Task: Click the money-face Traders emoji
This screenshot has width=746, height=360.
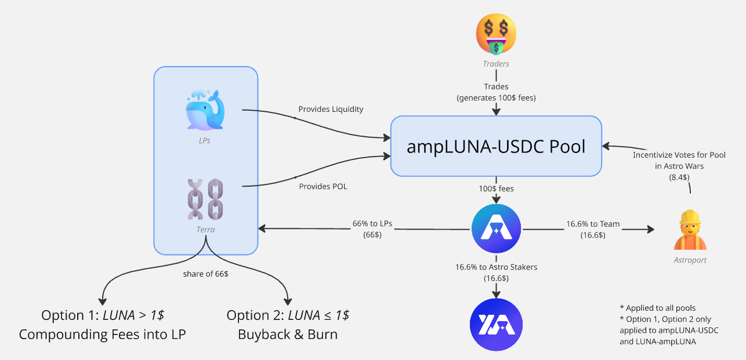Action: [x=496, y=34]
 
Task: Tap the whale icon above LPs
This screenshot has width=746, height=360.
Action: [x=205, y=110]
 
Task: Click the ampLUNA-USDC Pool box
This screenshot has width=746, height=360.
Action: [x=495, y=146]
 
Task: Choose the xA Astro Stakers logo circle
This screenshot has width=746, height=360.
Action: [x=496, y=325]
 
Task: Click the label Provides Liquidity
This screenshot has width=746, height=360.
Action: [x=331, y=109]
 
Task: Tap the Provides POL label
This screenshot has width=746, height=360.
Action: [x=323, y=186]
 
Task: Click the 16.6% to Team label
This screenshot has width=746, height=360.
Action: [x=593, y=224]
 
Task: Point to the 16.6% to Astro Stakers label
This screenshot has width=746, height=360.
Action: [x=496, y=267]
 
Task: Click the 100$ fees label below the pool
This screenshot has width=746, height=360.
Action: [x=496, y=189]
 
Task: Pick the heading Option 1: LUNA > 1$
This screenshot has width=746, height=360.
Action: [x=103, y=315]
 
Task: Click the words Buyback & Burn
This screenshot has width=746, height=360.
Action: [x=288, y=334]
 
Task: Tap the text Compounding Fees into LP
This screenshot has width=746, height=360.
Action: [x=103, y=334]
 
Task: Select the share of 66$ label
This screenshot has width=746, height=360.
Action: [x=205, y=274]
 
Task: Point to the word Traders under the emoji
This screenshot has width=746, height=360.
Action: [x=495, y=64]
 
